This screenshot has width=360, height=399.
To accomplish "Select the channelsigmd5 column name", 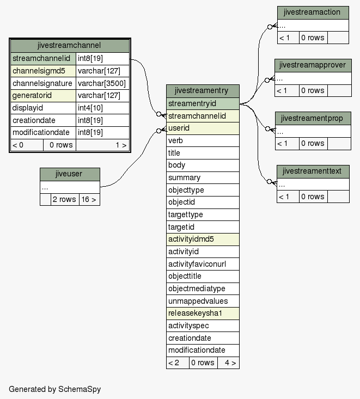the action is click(39, 71).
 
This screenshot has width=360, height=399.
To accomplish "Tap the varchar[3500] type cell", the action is click(102, 83).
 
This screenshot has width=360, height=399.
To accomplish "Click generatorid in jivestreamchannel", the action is click(32, 95).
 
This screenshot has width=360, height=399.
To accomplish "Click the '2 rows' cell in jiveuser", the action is click(65, 199).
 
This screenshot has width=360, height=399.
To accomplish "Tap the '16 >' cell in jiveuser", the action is click(89, 199).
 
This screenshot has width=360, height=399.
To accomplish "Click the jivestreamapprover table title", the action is click(313, 65).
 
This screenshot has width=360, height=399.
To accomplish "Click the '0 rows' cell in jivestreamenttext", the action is click(313, 197).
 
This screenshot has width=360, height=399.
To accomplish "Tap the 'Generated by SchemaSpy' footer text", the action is click(55, 389).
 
